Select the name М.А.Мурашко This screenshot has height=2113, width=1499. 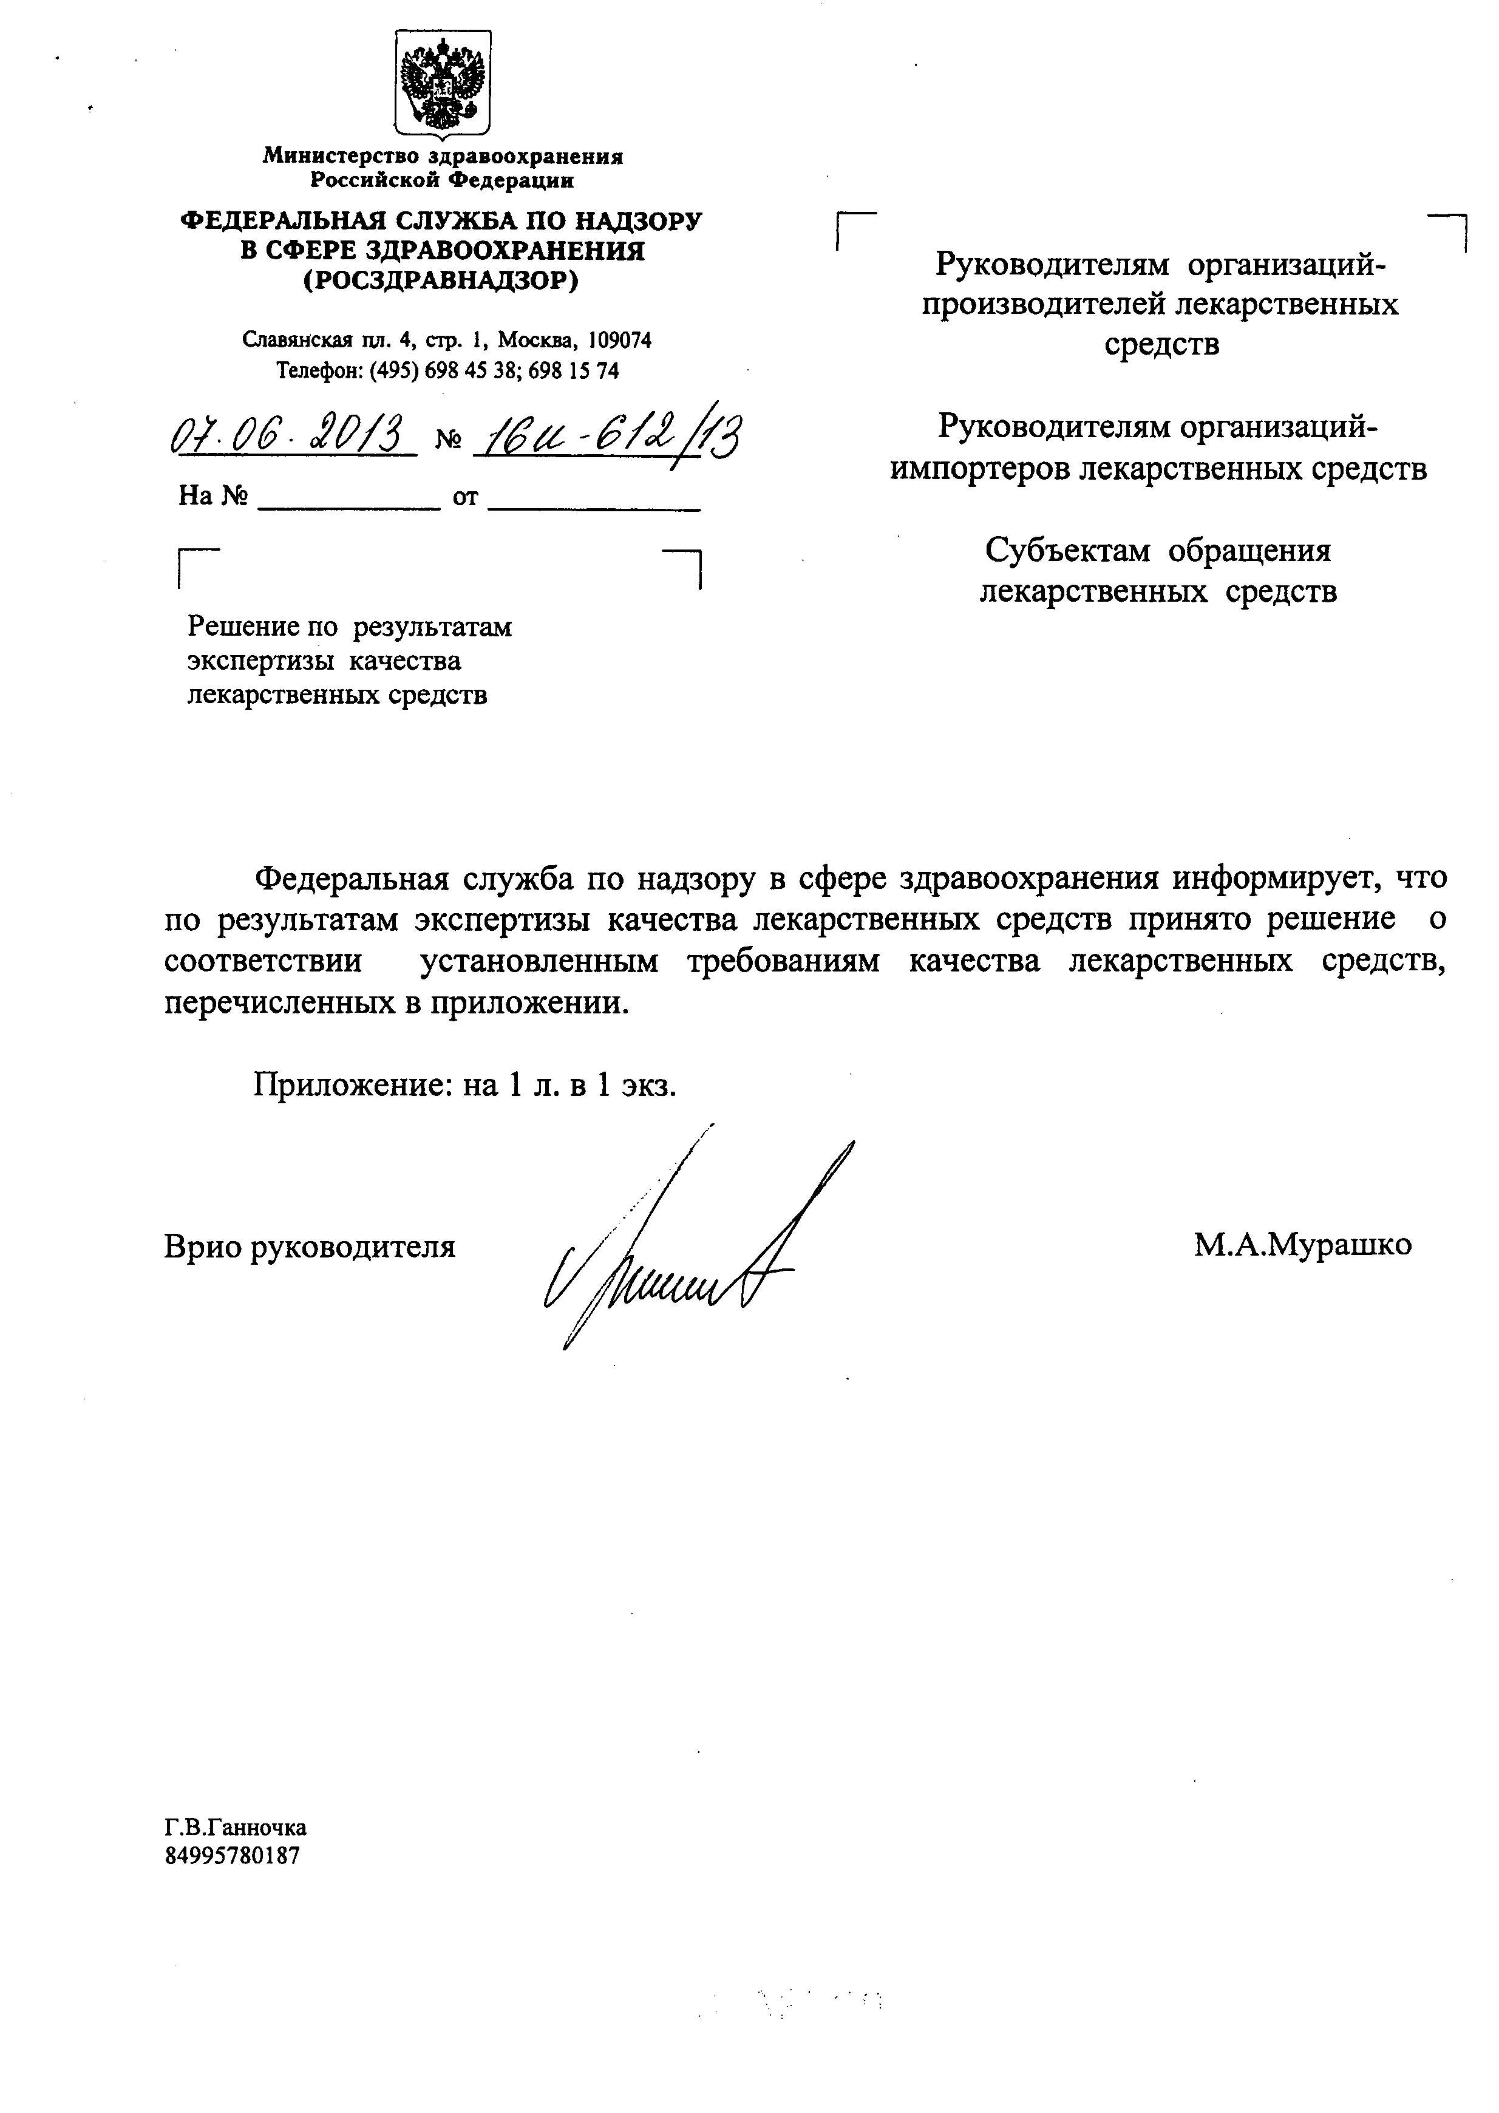click(x=1302, y=1245)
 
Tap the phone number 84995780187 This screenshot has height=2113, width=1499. click(x=232, y=1856)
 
